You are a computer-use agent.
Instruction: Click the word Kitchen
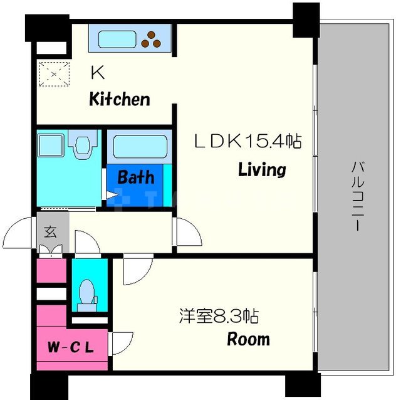coord(119,99)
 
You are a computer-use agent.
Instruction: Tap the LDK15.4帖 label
coord(247,142)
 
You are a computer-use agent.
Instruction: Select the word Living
coord(262,170)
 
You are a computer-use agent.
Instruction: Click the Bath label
coord(136,177)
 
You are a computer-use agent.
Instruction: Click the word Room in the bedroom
coord(248,340)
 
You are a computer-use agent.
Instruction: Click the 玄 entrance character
coord(49,231)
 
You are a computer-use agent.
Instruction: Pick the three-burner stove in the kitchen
coord(153,39)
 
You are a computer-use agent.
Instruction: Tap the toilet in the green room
coord(87,292)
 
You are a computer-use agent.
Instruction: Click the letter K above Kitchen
coord(97,73)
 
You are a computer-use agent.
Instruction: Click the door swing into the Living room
coord(187,233)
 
